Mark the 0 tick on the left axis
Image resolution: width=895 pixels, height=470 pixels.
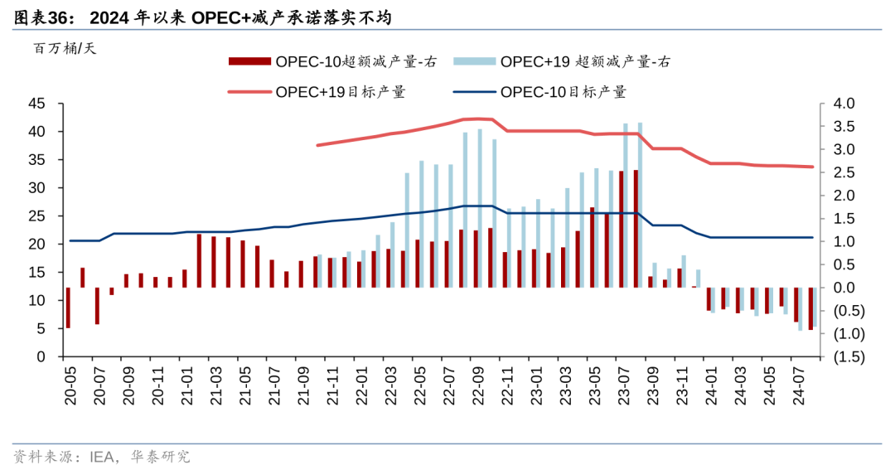41,357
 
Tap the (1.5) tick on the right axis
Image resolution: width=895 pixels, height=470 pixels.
844,357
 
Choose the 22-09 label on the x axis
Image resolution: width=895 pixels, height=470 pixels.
477,386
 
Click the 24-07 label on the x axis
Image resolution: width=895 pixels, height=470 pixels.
798,386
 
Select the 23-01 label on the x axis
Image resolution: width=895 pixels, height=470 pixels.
535,386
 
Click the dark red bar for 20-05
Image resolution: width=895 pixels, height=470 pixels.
68,308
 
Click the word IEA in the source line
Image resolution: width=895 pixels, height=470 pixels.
102,456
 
